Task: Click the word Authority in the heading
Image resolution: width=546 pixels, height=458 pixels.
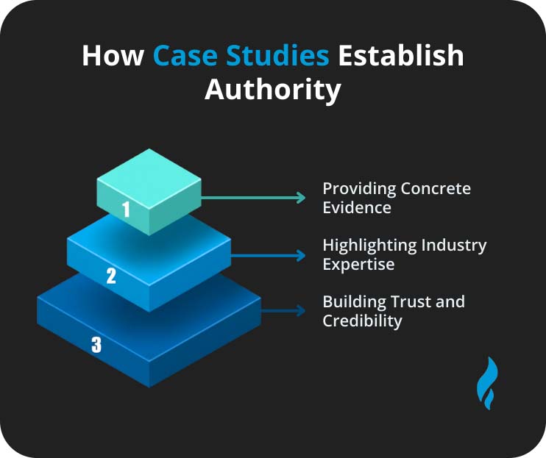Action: (273, 90)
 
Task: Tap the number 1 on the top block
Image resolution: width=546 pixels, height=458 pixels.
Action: (126, 210)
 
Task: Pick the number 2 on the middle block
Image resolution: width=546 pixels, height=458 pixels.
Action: (111, 276)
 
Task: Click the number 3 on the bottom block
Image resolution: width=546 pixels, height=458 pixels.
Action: (96, 344)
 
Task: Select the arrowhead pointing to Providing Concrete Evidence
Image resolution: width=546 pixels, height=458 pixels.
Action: (300, 198)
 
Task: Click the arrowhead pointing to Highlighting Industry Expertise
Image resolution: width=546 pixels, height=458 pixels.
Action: (300, 255)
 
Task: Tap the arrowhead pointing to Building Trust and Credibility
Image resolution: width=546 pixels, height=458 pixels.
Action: (300, 311)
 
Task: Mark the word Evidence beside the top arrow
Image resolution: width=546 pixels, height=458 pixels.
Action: (357, 207)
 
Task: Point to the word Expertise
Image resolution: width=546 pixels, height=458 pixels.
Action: (358, 264)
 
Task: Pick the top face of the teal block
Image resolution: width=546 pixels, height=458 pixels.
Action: (149, 176)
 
